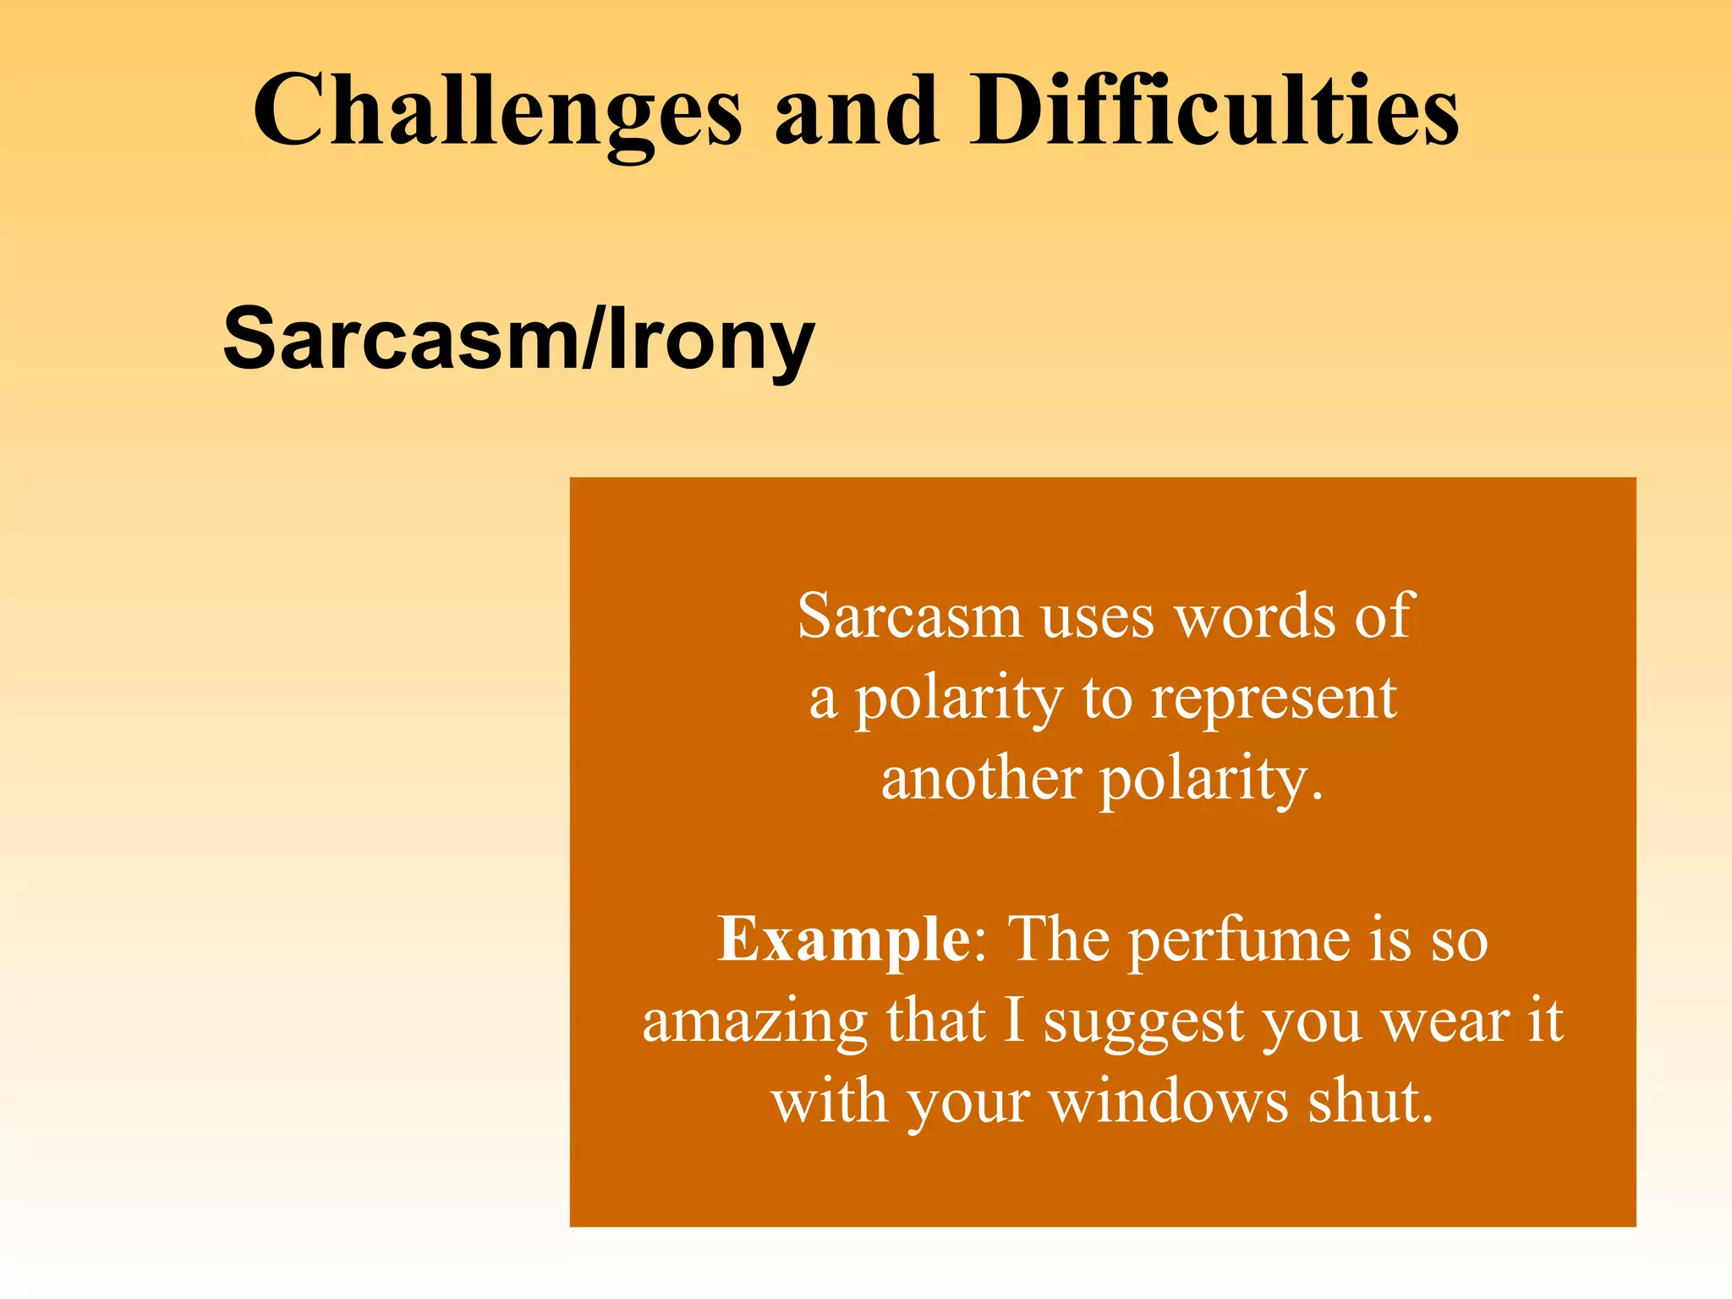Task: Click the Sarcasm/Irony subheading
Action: [518, 338]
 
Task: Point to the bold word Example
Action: [843, 939]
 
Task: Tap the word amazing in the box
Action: [754, 1022]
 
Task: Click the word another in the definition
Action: [980, 779]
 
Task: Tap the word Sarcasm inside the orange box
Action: [909, 617]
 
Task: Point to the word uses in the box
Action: [1097, 618]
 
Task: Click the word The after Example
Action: [1060, 939]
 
